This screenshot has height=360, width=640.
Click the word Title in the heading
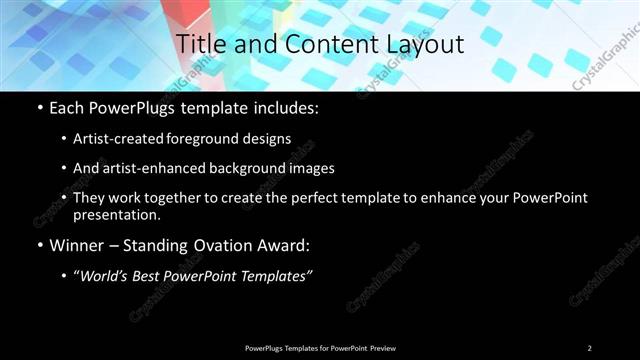click(198, 44)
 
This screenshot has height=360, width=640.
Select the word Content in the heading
click(320, 44)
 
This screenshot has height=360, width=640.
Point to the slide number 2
click(589, 347)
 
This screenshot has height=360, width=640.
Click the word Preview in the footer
click(383, 347)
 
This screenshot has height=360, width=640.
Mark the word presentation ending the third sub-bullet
click(117, 214)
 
